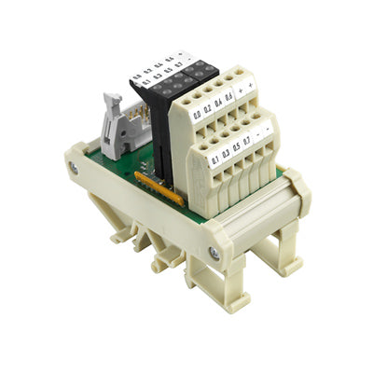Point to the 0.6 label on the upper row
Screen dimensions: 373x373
click(230, 96)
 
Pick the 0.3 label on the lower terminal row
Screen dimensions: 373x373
click(228, 152)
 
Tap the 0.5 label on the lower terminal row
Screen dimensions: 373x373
click(240, 145)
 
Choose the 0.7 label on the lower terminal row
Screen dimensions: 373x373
click(251, 138)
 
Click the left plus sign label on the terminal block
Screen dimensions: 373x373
click(242, 90)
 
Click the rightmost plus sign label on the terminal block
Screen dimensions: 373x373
click(252, 84)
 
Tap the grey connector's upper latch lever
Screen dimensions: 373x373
click(112, 100)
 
